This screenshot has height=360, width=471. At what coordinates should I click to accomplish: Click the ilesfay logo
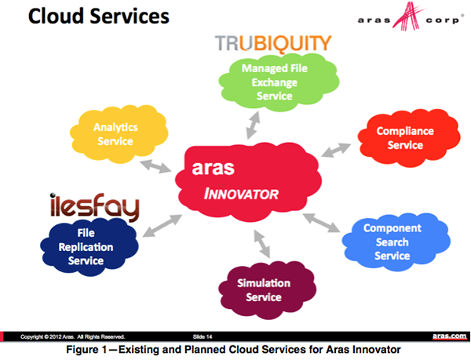pyautogui.click(x=93, y=207)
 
